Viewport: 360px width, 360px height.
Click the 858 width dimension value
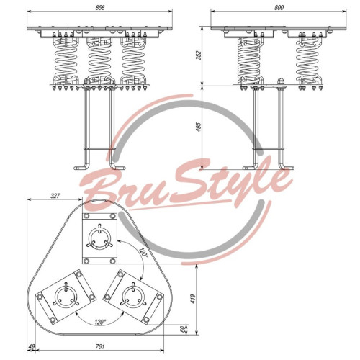(100, 7)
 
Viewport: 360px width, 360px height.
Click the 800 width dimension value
(279, 7)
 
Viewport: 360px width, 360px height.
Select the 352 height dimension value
(199, 55)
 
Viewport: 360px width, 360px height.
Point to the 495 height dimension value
(199, 127)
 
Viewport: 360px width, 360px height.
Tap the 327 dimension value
(55, 196)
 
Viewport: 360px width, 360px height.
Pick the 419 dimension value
(194, 299)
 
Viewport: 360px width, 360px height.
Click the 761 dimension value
(100, 346)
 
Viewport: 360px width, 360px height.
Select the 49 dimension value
(32, 347)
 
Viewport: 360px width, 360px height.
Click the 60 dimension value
(183, 329)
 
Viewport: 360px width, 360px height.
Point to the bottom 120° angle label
(100, 322)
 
